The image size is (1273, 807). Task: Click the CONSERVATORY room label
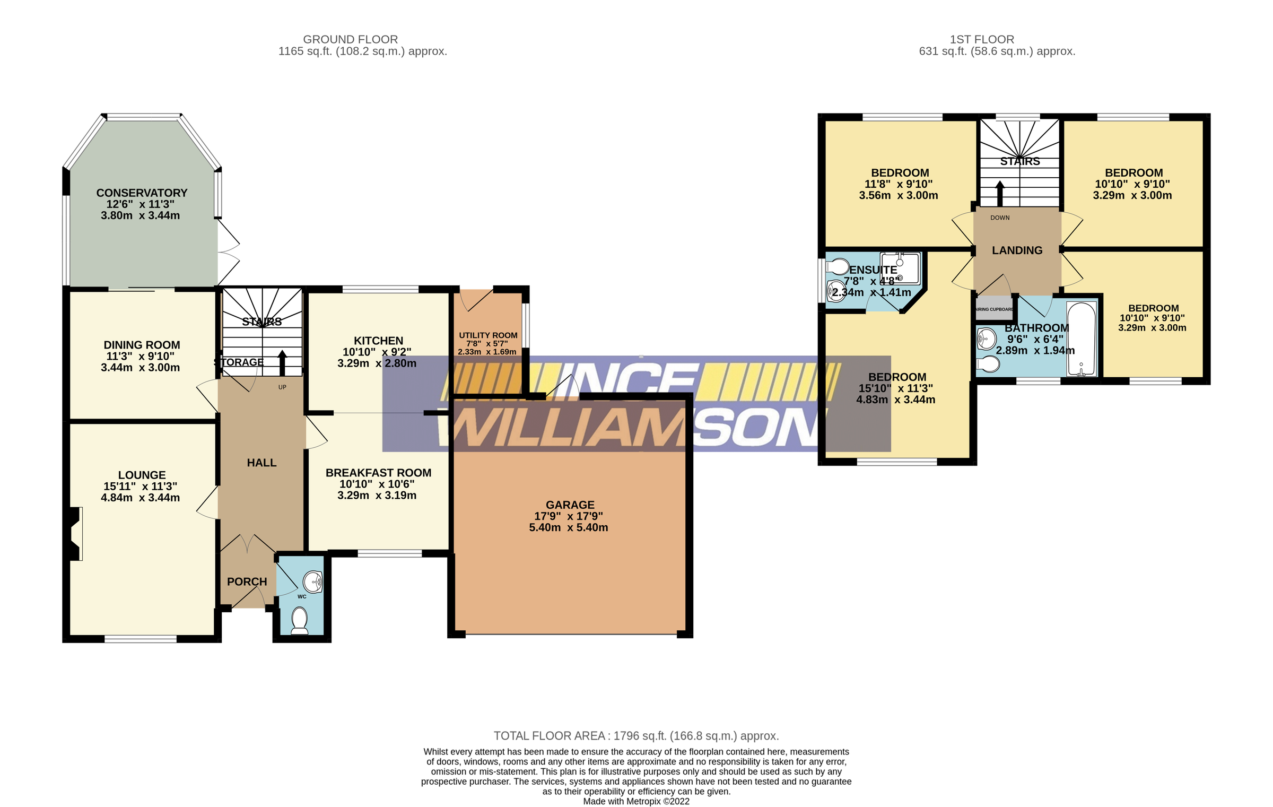[142, 193]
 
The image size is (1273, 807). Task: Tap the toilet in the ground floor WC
[300, 620]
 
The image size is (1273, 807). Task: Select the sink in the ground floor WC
[313, 582]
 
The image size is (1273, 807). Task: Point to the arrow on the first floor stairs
[1000, 193]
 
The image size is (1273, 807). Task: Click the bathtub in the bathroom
[1082, 339]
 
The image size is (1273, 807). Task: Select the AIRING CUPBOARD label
[995, 309]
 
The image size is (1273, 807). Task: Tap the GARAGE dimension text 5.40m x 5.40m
[568, 527]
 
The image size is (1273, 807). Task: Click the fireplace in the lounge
[74, 534]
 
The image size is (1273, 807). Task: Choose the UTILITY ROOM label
[488, 335]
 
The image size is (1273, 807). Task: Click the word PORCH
[247, 582]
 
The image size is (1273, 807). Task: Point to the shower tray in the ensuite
[901, 268]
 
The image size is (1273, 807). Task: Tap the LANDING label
[1017, 250]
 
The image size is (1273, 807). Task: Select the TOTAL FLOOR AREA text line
[636, 736]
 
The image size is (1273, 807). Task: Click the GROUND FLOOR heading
[350, 39]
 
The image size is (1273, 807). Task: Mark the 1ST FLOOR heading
[982, 39]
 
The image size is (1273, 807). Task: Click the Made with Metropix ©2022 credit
[636, 801]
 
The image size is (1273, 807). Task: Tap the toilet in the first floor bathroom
[988, 365]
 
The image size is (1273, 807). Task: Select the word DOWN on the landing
[1000, 218]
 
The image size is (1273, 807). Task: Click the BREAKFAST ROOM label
[378, 473]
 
